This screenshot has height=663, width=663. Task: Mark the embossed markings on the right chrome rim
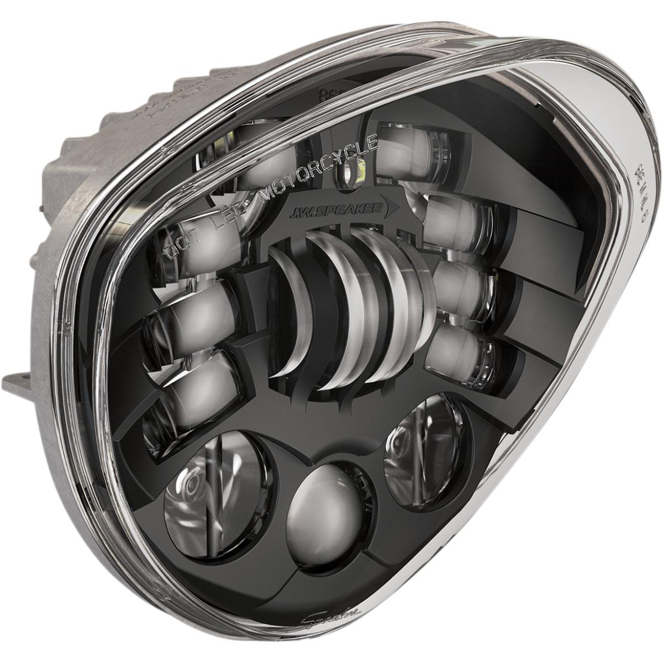click(x=641, y=188)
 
